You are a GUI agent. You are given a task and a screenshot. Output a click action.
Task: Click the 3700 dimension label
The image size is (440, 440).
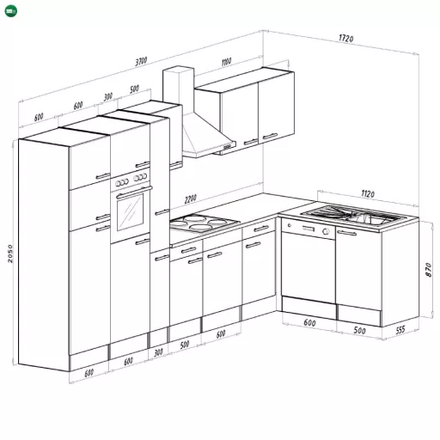pyautogui.click(x=141, y=61)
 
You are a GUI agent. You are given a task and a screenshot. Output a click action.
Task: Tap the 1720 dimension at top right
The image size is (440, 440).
pyautogui.click(x=346, y=38)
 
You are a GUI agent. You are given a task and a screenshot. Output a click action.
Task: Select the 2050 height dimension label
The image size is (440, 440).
pyautogui.click(x=10, y=254)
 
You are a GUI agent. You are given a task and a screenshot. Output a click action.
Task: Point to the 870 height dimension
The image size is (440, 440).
pyautogui.click(x=429, y=270)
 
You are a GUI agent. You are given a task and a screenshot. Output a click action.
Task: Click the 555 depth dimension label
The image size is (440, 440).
pyautogui.click(x=400, y=330)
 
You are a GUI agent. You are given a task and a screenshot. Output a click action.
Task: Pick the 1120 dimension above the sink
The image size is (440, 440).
pyautogui.click(x=368, y=194)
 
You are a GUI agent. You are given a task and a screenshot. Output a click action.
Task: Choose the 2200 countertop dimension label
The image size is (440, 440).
pyautogui.click(x=191, y=199)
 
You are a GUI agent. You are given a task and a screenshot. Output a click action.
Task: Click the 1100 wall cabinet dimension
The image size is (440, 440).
pyautogui.click(x=226, y=62)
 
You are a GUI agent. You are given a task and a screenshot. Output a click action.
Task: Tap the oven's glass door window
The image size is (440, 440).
pyautogui.click(x=130, y=212)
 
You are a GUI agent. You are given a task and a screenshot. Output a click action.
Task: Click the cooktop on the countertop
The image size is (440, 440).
pyautogui.click(x=205, y=223)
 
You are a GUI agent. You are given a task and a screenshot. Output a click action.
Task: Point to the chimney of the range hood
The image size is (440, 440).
pyautogui.click(x=178, y=89)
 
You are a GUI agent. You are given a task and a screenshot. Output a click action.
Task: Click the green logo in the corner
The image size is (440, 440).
pyautogui.click(x=11, y=11)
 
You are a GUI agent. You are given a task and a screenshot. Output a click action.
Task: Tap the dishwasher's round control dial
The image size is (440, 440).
pyautogui.click(x=326, y=231)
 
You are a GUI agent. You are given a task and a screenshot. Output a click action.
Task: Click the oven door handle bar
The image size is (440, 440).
pyautogui.click(x=134, y=192)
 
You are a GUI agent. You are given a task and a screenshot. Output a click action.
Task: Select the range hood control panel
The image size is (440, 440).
pyautogui.click(x=228, y=147)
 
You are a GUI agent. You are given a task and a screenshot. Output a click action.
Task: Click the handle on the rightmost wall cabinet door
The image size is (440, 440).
pyautogui.click(x=270, y=136)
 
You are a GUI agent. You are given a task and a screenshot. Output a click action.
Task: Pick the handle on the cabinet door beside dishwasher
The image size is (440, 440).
pyautogui.click(x=346, y=232)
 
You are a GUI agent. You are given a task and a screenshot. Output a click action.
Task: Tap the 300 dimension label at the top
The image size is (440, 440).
pyautogui.click(x=107, y=97)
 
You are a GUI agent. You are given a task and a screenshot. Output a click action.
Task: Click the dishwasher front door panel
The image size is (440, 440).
pyautogui.click(x=308, y=267)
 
